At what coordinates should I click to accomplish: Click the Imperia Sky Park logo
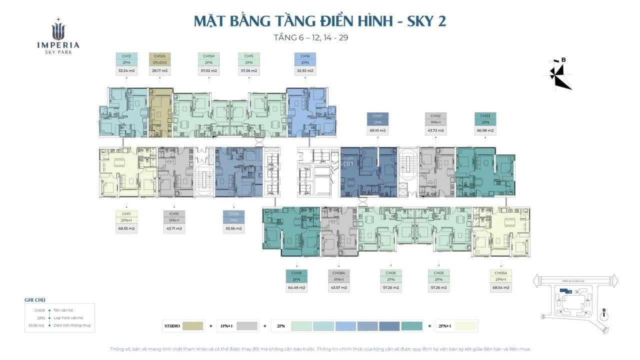tap(58, 36)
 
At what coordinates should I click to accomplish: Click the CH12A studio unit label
tap(159, 56)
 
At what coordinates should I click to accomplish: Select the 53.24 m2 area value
tap(126, 71)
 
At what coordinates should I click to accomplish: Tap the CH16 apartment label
tap(305, 56)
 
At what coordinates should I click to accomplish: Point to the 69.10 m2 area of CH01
tap(377, 130)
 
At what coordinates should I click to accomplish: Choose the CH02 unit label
tap(435, 116)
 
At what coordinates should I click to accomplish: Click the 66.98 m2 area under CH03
tap(485, 130)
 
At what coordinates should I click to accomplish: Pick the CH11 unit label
tap(126, 214)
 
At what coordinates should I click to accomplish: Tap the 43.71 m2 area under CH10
tap(174, 228)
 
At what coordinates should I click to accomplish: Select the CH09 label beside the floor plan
tap(233, 214)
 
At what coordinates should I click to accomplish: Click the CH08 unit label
tap(296, 273)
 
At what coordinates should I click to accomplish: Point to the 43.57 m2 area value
tap(338, 287)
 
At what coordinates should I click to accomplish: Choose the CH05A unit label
tap(500, 273)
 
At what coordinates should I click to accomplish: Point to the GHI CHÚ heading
tap(35, 300)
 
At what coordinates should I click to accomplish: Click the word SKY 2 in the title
tap(425, 21)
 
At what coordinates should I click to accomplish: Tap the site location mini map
tap(573, 297)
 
